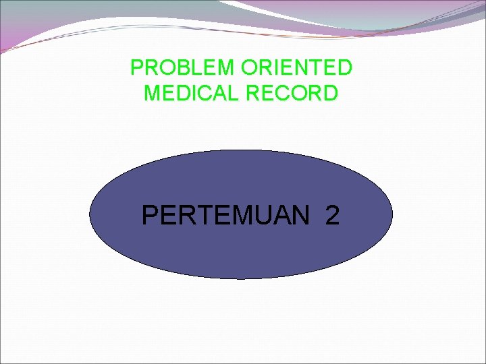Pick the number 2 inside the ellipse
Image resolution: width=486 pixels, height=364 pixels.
[x=332, y=216]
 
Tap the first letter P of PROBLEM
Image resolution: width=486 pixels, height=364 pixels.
[x=137, y=68]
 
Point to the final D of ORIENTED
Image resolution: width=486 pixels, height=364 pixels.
[x=344, y=68]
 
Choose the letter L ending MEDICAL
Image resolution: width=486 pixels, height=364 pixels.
[x=233, y=92]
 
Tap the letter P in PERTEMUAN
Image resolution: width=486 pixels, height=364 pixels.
[x=151, y=216]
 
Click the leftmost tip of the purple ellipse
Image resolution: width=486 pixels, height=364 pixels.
[x=90, y=214]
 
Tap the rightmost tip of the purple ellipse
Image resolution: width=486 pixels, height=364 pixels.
[x=392, y=214]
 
